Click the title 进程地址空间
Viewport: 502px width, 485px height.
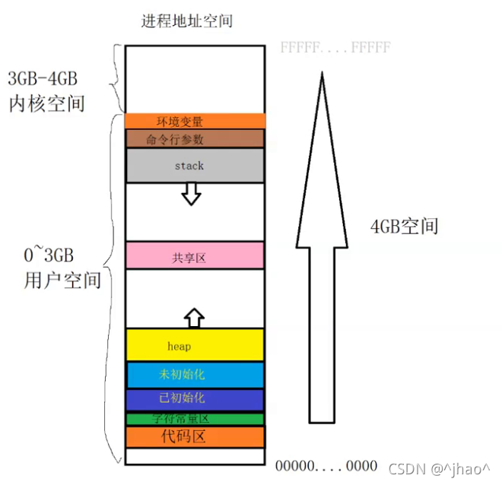pyautogui.click(x=186, y=21)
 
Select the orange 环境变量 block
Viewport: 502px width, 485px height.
pyautogui.click(x=195, y=121)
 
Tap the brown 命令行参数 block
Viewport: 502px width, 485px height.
pyautogui.click(x=195, y=138)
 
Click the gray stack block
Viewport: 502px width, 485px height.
pyautogui.click(x=195, y=165)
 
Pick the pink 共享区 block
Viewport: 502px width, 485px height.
pyautogui.click(x=195, y=258)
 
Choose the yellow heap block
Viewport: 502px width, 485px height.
pyautogui.click(x=195, y=345)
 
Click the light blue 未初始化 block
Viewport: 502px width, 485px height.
pyautogui.click(x=195, y=374)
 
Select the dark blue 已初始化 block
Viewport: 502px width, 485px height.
pyautogui.click(x=195, y=399)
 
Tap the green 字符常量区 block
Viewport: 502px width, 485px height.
pyautogui.click(x=195, y=419)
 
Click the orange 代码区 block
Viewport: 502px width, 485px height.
pyautogui.click(x=195, y=436)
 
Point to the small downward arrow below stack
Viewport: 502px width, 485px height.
pyautogui.click(x=191, y=195)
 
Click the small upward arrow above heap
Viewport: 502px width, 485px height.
pyautogui.click(x=195, y=316)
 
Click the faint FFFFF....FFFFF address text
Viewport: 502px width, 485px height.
pyautogui.click(x=335, y=48)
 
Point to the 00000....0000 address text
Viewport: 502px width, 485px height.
pyautogui.click(x=326, y=465)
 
